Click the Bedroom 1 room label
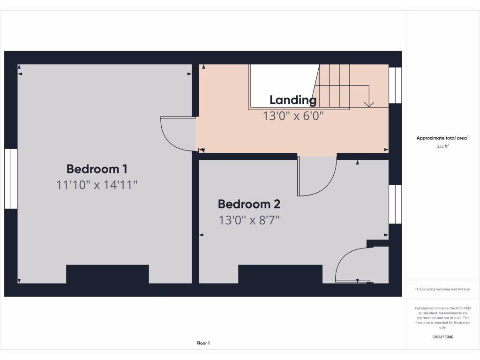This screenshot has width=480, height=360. pos(97,169)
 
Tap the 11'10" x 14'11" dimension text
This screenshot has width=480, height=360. pos(97,185)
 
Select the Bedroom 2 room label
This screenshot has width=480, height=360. pos(249,204)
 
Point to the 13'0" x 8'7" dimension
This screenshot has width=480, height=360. pos(249,220)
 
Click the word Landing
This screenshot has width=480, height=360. pos(293,100)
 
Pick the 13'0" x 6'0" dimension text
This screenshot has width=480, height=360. pos(293,115)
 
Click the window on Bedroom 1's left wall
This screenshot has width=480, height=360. pos(11,179)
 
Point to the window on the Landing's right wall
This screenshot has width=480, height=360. pos(395,85)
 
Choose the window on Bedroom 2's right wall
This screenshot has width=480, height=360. pos(395,204)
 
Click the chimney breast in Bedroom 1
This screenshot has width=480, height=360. pos(107,274)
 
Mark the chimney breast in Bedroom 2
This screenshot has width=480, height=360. pos(280,274)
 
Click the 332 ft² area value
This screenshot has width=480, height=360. pos(443,146)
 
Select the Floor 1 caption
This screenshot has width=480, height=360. pos(203,343)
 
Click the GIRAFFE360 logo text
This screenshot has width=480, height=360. pos(443,337)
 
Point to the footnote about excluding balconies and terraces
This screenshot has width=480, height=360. pos(443,289)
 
